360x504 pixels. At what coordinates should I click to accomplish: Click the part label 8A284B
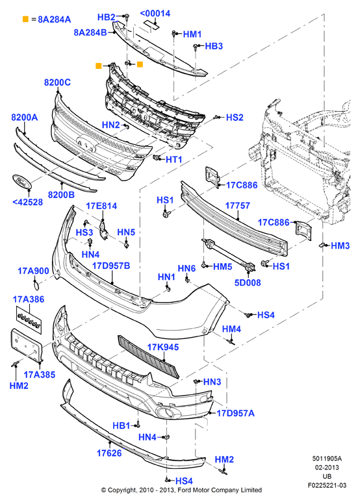click(x=90, y=32)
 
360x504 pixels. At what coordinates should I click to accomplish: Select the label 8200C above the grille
click(x=57, y=82)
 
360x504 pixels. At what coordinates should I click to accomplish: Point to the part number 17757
click(x=238, y=205)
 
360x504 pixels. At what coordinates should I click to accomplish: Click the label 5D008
click(x=248, y=283)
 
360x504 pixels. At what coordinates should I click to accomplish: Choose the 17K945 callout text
click(x=163, y=347)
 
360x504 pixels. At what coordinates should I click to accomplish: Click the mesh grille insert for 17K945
click(x=149, y=357)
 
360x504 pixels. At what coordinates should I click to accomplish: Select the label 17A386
click(x=29, y=299)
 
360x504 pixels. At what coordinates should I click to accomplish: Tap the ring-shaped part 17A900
click(x=36, y=284)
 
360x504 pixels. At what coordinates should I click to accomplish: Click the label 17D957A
click(x=236, y=413)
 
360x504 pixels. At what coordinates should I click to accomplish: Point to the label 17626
click(x=109, y=453)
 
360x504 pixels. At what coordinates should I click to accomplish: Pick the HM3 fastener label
click(x=340, y=246)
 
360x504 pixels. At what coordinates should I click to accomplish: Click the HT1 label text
click(x=174, y=159)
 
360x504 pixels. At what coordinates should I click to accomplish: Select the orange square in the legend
click(x=25, y=19)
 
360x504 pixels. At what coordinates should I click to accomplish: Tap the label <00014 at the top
click(x=155, y=14)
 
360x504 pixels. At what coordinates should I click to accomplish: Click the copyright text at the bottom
click(x=181, y=490)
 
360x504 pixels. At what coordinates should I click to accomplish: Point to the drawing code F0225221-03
click(x=327, y=485)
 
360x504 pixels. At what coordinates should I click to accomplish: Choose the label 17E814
click(x=101, y=206)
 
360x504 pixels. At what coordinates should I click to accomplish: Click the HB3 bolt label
click(x=214, y=46)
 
